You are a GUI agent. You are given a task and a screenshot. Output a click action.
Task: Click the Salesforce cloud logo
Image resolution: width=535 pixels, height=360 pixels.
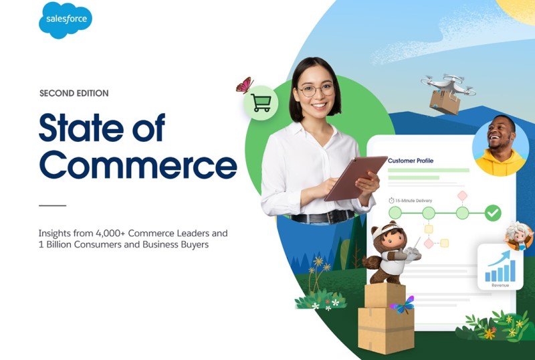(65, 20)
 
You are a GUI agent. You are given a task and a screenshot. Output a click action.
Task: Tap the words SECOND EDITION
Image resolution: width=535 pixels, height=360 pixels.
(74, 93)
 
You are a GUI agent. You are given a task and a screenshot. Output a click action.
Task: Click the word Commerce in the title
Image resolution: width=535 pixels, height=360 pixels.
(138, 165)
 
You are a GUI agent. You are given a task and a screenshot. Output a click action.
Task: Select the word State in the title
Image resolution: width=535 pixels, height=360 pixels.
(80, 127)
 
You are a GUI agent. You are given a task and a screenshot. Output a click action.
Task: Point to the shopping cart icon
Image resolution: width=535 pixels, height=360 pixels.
(261, 103)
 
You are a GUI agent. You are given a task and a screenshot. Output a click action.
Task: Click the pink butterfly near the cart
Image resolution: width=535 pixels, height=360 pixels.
(245, 85)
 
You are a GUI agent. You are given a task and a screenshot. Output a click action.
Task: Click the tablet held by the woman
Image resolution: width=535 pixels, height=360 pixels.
(356, 178)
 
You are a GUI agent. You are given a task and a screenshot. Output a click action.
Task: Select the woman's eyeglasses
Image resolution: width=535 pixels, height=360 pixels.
(316, 90)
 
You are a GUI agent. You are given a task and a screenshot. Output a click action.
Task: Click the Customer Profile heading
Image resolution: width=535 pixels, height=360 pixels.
(411, 161)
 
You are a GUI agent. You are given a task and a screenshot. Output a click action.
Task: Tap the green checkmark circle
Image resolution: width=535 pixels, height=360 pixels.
(493, 213)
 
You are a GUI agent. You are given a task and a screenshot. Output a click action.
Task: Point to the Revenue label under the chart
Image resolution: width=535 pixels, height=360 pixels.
(500, 285)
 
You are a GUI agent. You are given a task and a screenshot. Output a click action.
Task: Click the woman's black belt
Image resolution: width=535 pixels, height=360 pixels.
(322, 217)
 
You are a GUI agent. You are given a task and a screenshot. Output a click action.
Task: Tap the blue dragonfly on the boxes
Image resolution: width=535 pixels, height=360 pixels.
(403, 305)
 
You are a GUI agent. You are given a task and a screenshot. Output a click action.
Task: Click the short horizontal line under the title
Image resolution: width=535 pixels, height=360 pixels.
(53, 205)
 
